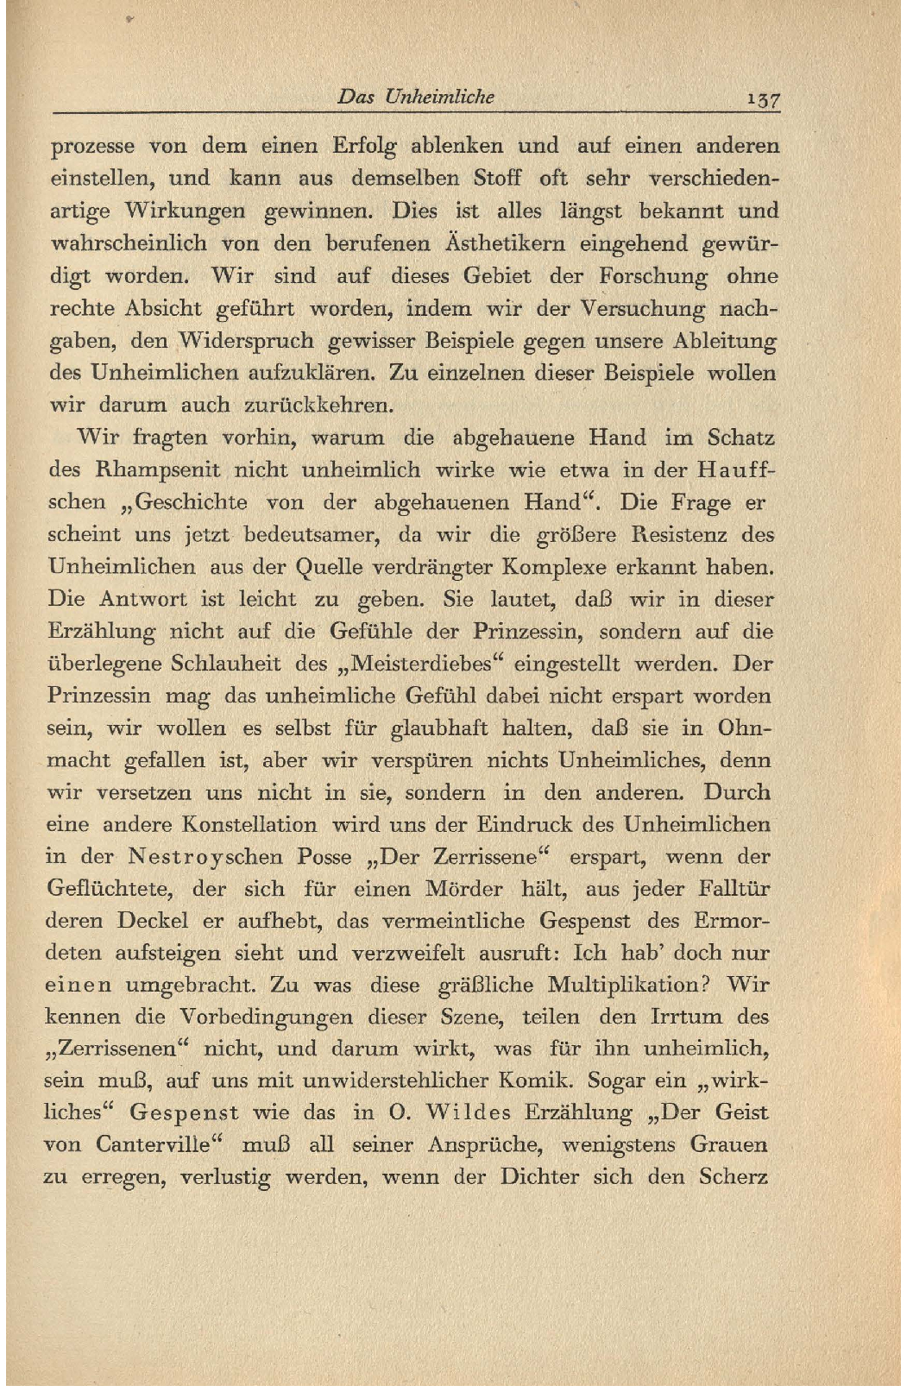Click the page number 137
point(764,98)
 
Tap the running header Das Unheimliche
point(416,97)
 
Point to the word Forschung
point(652,277)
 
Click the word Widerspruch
point(246,341)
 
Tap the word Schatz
point(740,438)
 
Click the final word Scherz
point(734,1177)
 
